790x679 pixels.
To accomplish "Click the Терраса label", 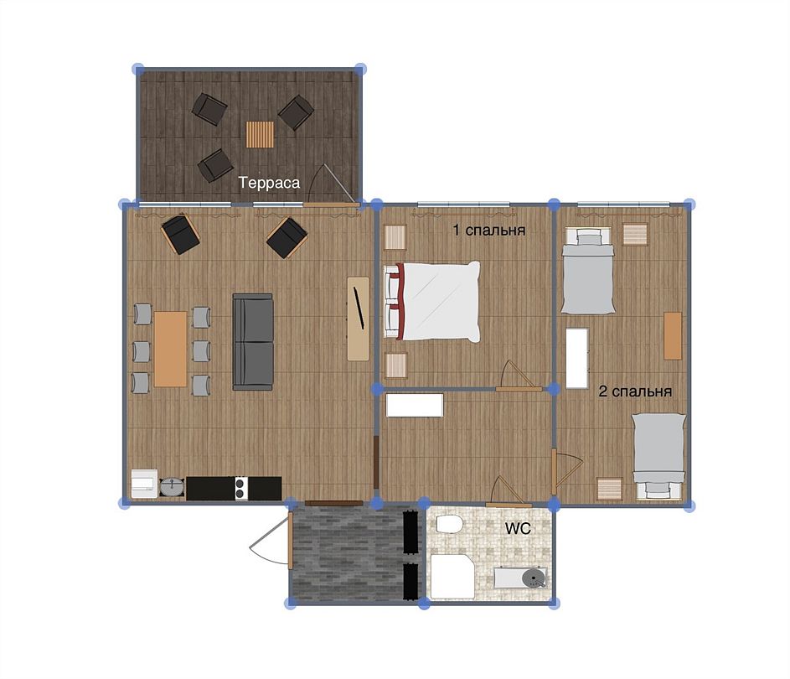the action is [x=269, y=183].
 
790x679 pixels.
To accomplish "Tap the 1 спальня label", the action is [x=488, y=231].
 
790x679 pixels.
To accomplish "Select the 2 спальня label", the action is [x=635, y=391].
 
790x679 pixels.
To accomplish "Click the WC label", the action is [x=518, y=528].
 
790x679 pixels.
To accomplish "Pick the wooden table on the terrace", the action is [x=260, y=135].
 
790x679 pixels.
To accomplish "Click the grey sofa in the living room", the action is [x=253, y=342].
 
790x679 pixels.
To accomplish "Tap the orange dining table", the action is [x=170, y=349].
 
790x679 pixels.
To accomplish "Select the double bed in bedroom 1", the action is [x=431, y=302].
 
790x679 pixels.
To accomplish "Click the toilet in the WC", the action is [x=449, y=524].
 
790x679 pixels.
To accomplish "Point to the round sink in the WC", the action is [x=533, y=578].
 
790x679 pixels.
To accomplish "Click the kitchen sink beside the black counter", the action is [x=172, y=487].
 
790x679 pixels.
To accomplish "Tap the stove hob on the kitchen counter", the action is [x=241, y=489].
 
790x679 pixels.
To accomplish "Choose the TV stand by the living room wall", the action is [x=359, y=319].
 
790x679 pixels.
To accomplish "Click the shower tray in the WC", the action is [x=452, y=577].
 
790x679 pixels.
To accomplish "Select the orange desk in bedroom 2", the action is [x=673, y=335].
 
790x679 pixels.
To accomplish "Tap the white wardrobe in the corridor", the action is [x=415, y=405].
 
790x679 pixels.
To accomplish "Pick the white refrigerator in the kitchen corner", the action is [x=145, y=484].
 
